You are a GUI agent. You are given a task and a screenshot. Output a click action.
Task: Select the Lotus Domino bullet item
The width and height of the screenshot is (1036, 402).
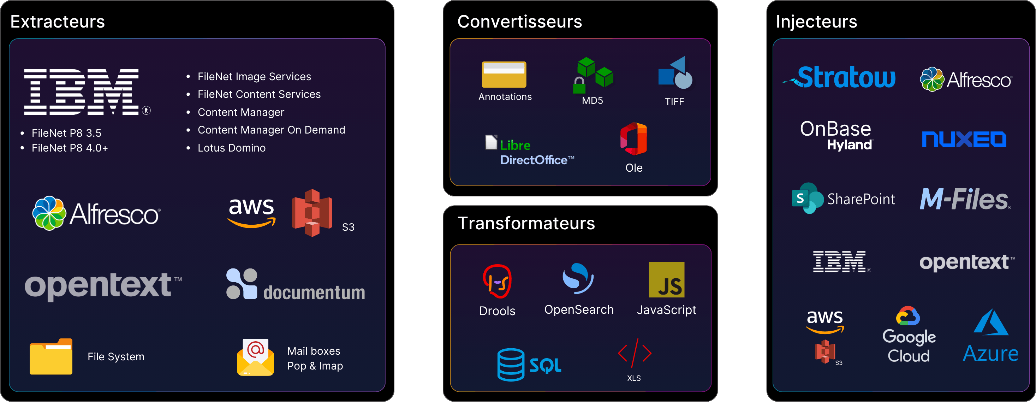pyautogui.click(x=231, y=148)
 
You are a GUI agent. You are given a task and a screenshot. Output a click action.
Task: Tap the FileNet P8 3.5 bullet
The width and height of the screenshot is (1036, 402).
pyautogui.click(x=66, y=133)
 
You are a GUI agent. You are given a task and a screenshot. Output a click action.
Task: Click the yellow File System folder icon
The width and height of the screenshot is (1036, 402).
pyautogui.click(x=51, y=356)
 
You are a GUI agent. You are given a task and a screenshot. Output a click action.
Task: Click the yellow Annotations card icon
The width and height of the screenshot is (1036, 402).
pyautogui.click(x=504, y=75)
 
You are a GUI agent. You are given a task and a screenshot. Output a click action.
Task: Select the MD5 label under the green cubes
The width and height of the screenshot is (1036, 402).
pyautogui.click(x=593, y=101)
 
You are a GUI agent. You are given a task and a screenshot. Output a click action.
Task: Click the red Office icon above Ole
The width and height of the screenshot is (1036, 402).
pyautogui.click(x=633, y=139)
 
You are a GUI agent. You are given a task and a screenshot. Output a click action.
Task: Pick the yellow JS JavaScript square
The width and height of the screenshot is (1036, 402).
pyautogui.click(x=666, y=280)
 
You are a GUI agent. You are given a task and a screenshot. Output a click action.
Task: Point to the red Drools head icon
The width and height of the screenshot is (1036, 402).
pyautogui.click(x=497, y=281)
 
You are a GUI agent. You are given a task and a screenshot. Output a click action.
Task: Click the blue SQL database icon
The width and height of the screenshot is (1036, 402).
pyautogui.click(x=511, y=365)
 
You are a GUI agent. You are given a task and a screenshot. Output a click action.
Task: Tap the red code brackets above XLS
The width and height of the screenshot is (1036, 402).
pyautogui.click(x=635, y=353)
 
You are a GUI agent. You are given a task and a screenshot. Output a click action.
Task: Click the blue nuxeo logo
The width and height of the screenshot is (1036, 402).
pyautogui.click(x=964, y=139)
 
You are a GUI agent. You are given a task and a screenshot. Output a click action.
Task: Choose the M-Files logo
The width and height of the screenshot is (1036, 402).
pyautogui.click(x=965, y=199)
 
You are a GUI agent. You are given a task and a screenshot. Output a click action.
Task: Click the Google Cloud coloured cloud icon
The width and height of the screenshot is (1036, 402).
pyautogui.click(x=908, y=316)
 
